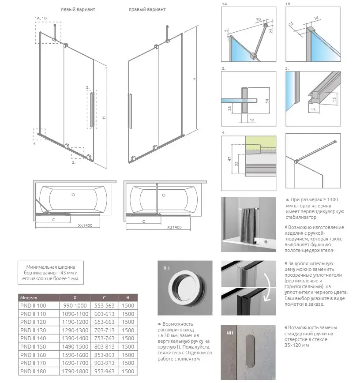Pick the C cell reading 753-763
pos(105,338)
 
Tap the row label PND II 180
pos(33,372)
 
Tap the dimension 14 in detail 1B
pos(316,19)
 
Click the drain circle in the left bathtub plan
pos(74,195)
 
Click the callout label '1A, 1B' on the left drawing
pos(41,17)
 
